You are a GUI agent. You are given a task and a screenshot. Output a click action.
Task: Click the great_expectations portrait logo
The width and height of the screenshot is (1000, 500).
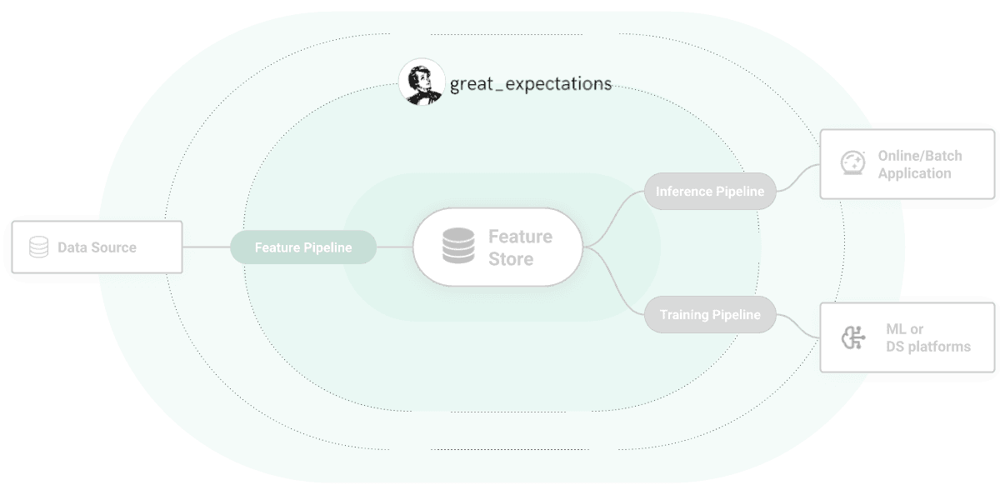pyautogui.click(x=420, y=82)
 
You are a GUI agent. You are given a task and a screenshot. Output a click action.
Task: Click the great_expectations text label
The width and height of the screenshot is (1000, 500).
pyautogui.click(x=531, y=83)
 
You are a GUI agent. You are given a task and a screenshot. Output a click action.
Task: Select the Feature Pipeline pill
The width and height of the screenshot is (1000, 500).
pyautogui.click(x=303, y=247)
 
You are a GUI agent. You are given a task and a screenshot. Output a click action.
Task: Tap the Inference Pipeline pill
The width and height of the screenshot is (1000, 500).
pyautogui.click(x=710, y=192)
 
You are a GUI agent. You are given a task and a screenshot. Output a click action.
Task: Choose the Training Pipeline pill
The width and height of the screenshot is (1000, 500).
pyautogui.click(x=710, y=315)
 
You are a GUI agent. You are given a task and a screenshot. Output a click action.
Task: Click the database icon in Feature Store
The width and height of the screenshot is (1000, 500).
pyautogui.click(x=457, y=247)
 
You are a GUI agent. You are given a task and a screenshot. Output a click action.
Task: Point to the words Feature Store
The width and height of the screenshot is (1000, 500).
pyautogui.click(x=520, y=247)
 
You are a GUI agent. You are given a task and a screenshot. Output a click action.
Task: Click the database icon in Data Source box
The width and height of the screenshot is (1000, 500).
pyautogui.click(x=38, y=247)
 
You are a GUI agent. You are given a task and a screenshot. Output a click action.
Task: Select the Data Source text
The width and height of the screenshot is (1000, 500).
pyautogui.click(x=97, y=247)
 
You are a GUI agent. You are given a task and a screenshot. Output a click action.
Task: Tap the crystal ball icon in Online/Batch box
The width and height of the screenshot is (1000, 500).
pyautogui.click(x=852, y=163)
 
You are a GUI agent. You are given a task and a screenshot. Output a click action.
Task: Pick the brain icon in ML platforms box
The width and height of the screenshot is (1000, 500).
pyautogui.click(x=852, y=338)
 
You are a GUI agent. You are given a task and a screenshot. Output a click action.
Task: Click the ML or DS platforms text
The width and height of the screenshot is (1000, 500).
pyautogui.click(x=927, y=337)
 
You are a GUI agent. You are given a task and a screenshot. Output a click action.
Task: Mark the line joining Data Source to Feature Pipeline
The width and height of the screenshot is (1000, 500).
pyautogui.click(x=206, y=247)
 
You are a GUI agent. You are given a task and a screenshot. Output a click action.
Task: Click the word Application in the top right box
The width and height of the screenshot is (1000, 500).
pyautogui.click(x=914, y=173)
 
